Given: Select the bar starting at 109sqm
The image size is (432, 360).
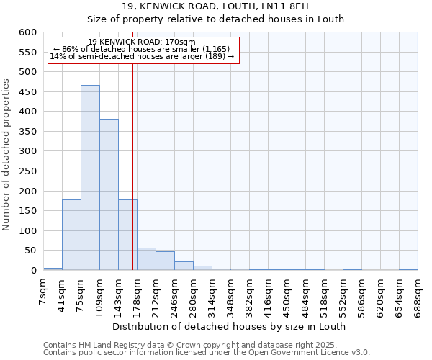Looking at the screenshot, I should coord(109,194).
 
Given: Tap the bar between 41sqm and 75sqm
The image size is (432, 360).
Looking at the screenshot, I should coord(71,235).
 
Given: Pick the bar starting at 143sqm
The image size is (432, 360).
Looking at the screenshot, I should coord(127,235).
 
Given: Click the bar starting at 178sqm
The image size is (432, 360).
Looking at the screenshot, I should coord(146,259).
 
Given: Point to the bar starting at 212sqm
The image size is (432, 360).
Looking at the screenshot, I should coord(165,261).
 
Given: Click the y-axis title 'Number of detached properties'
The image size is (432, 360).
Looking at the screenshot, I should coord(6,155).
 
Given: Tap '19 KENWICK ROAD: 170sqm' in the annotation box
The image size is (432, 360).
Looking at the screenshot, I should coord(142,42).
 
